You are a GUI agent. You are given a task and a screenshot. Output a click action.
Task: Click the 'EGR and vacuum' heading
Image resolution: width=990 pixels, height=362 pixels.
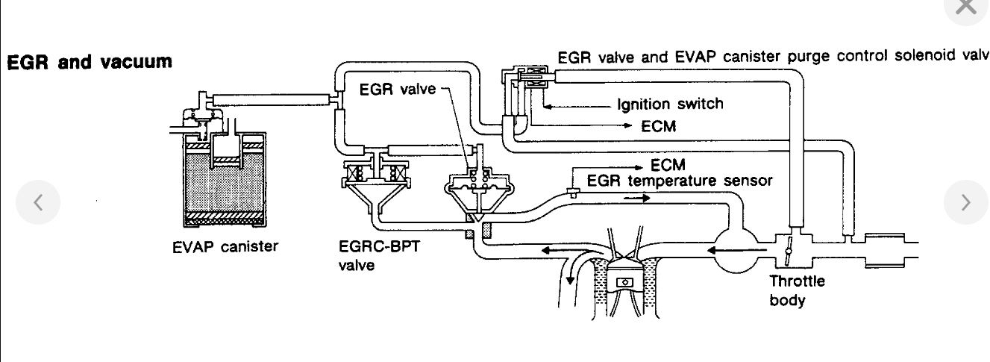click(x=90, y=61)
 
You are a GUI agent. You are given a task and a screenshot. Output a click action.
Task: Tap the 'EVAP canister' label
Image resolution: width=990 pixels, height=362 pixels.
click(x=225, y=247)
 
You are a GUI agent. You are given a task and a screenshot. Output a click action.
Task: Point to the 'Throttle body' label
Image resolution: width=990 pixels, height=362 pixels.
click(x=797, y=291)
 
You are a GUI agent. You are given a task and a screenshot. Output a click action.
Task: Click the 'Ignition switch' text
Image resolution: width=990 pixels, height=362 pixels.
click(x=670, y=104)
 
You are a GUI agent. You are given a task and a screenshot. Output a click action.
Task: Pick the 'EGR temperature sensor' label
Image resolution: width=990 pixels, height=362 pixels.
click(x=680, y=181)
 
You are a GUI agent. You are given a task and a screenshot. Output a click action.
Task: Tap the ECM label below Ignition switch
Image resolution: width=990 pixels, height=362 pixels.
click(x=658, y=126)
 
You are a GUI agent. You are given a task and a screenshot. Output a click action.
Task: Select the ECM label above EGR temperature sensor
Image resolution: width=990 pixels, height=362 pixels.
click(x=668, y=164)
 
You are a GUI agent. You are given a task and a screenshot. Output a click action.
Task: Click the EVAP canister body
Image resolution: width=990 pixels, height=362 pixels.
click(x=224, y=187)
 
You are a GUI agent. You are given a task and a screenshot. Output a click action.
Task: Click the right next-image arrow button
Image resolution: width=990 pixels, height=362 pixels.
click(x=965, y=202)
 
